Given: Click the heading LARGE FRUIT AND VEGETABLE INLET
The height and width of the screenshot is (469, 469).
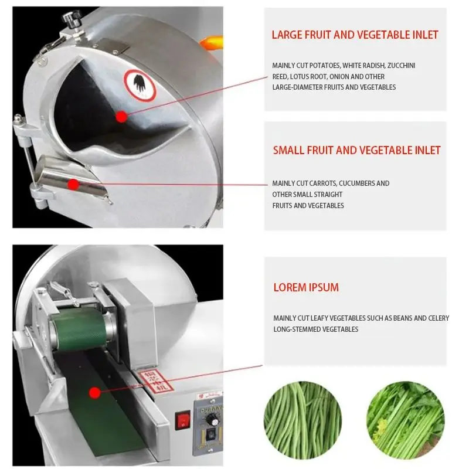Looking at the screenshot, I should click(x=355, y=35).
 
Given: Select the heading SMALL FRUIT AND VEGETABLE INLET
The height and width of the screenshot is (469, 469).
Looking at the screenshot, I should click(x=356, y=151).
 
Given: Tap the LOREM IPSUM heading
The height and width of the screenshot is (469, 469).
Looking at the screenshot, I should click(x=306, y=288).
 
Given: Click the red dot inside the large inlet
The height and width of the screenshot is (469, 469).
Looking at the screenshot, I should click(x=121, y=117).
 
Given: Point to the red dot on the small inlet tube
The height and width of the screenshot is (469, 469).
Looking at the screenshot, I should click(x=73, y=184).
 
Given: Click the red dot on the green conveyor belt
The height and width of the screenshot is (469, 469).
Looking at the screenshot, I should click(x=94, y=392).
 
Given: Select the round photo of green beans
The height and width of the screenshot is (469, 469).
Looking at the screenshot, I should click(x=303, y=420).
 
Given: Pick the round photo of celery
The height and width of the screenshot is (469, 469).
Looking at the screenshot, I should click(x=406, y=420).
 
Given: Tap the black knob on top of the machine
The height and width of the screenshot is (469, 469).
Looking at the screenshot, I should click(x=72, y=19).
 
